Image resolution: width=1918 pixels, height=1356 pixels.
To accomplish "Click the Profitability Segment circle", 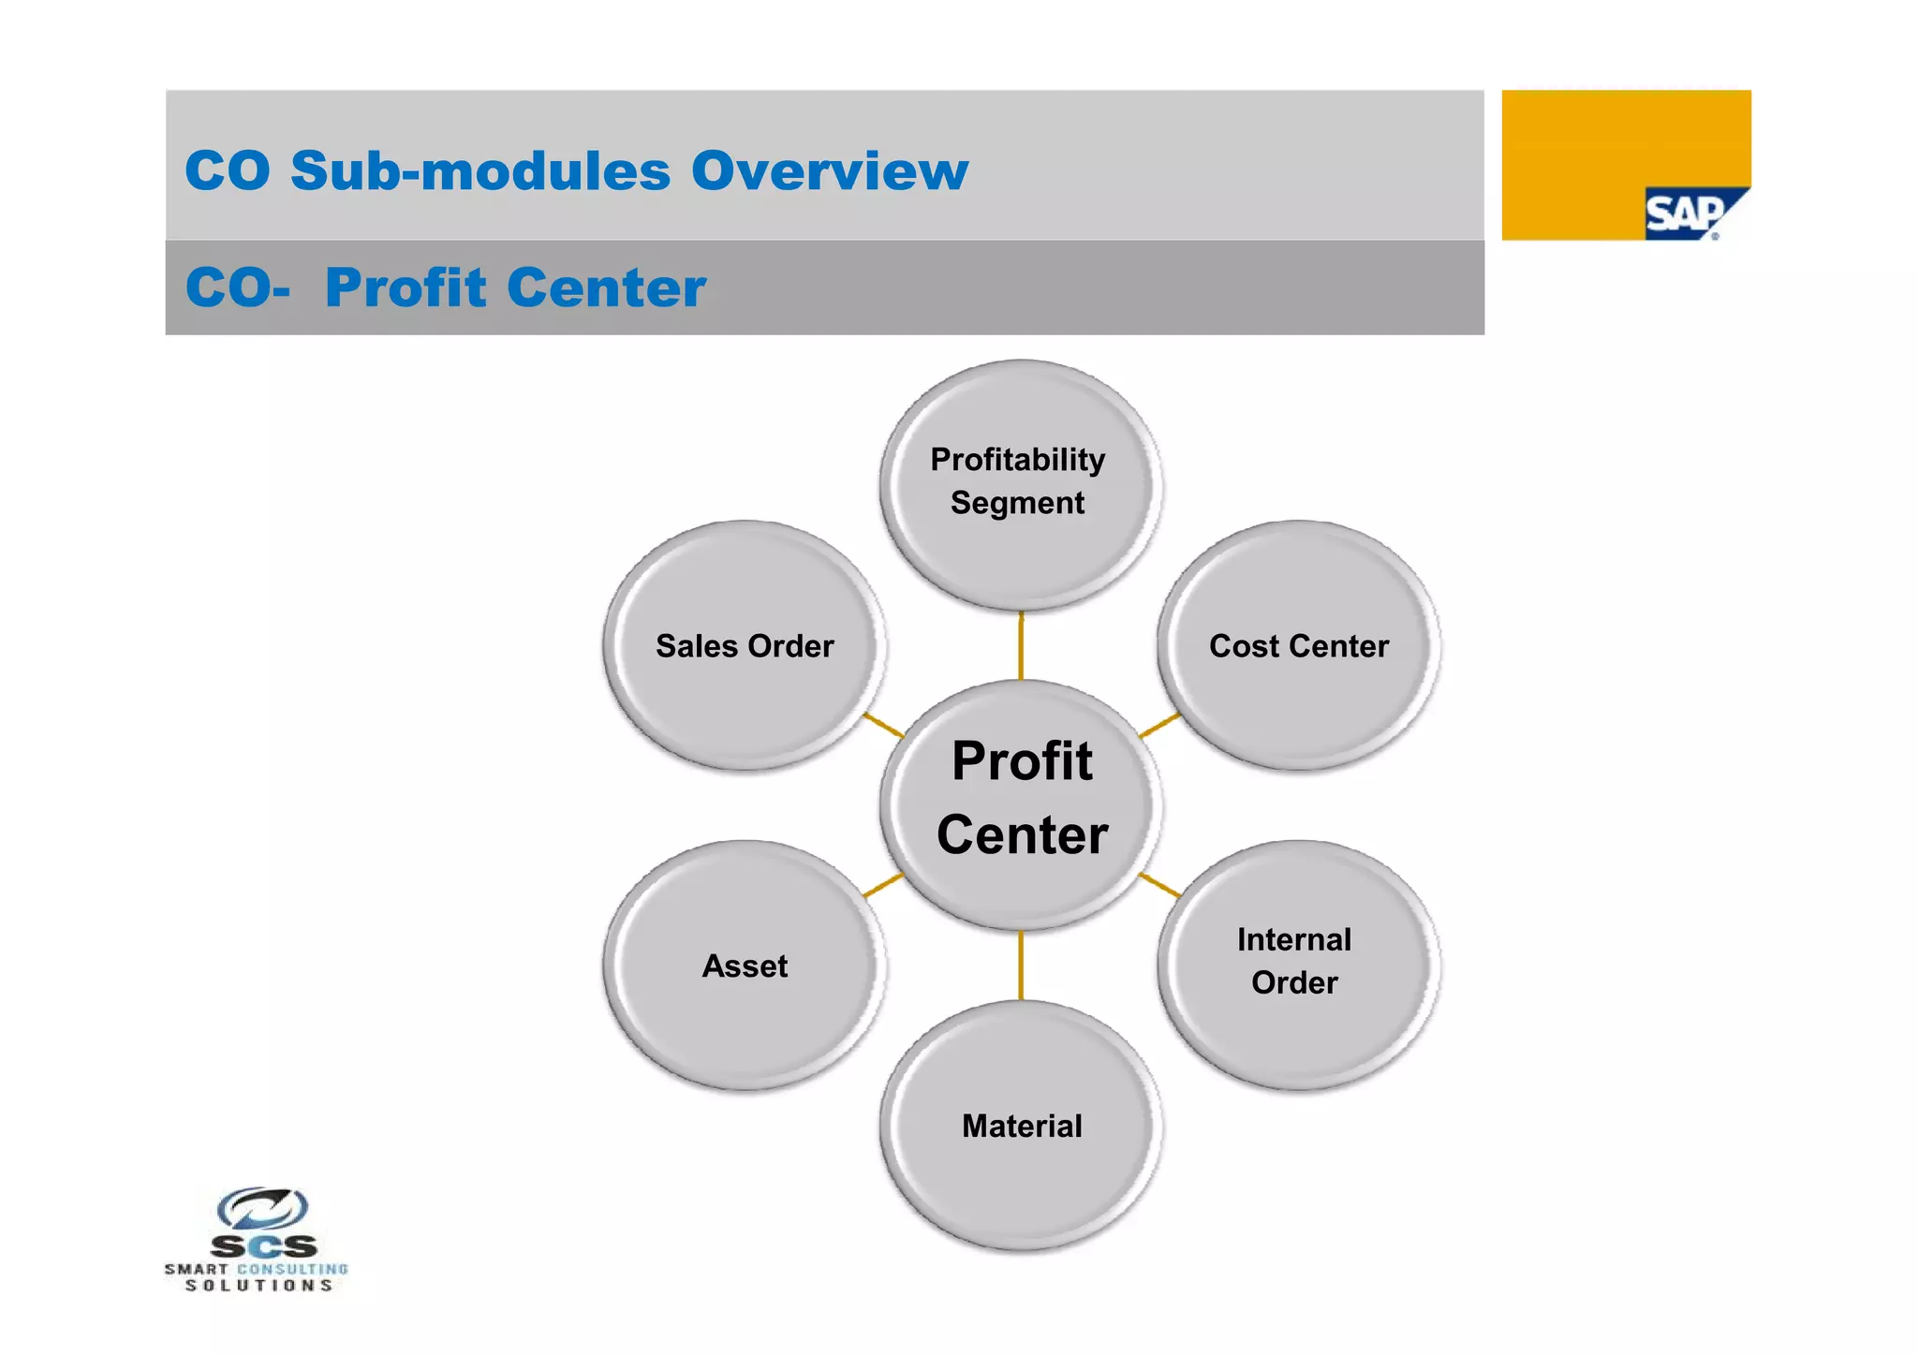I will (x=1020, y=484).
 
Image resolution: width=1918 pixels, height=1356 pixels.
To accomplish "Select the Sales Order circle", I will (x=745, y=646).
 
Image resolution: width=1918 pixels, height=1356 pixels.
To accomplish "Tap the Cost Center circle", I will (x=1298, y=646).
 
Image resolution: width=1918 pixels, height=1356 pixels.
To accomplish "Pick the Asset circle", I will (x=745, y=965).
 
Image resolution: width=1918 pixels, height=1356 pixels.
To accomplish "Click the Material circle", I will (x=1021, y=1126).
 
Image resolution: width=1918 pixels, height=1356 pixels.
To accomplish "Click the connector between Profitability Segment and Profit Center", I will (x=1021, y=647).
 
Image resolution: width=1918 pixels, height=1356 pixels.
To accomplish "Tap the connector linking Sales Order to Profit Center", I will (x=883, y=725).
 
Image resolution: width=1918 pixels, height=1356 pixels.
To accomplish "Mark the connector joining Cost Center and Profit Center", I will (x=1159, y=725).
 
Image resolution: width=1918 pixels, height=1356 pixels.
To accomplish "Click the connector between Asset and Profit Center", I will (x=882, y=885).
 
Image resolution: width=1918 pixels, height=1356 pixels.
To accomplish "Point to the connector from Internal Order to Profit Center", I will (x=1159, y=885).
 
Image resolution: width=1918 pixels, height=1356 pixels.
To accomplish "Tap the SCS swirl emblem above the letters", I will (x=262, y=1208).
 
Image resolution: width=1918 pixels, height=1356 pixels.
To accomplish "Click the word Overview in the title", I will (x=830, y=171).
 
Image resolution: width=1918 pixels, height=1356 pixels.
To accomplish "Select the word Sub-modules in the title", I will (x=480, y=171).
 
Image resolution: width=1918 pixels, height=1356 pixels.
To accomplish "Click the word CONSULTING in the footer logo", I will (x=292, y=1269).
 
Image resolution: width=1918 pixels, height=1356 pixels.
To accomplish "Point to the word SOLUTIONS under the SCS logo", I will (x=258, y=1286).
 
